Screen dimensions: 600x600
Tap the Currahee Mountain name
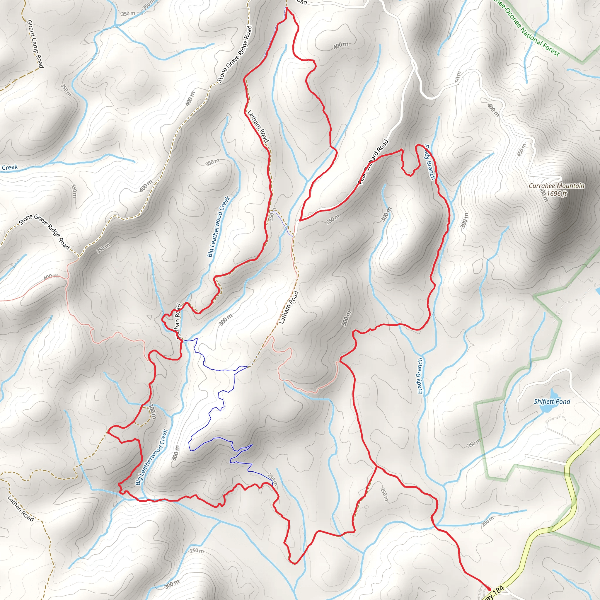tap(557, 186)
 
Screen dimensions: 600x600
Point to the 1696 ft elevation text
tap(557, 193)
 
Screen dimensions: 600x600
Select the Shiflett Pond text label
tap(552, 402)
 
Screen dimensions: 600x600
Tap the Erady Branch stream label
tap(420, 376)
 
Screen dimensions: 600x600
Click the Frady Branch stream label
tap(430, 162)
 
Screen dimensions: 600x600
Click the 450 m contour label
tap(522, 150)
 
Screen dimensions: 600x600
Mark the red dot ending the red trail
tap(489, 589)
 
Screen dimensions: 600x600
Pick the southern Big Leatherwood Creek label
tap(152, 457)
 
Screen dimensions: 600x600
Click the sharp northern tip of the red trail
tap(287, 8)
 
